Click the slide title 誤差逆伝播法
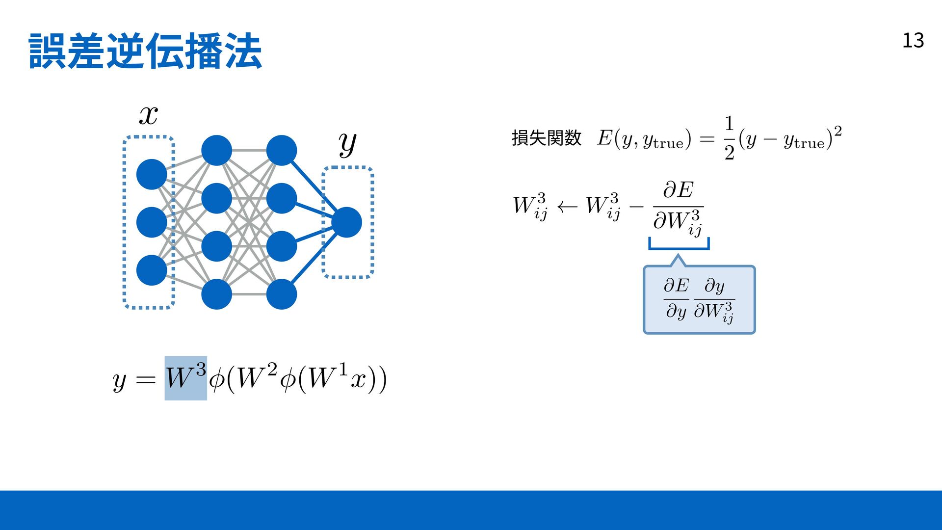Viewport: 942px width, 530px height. coord(145,51)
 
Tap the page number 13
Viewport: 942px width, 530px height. coord(913,41)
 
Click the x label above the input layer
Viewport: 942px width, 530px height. coord(148,116)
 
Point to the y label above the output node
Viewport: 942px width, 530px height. coord(347,143)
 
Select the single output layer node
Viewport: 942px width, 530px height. coord(346,222)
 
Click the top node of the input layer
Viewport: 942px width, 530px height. coord(152,174)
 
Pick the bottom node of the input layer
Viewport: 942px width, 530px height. coord(152,270)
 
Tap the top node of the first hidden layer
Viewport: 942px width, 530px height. coord(216,150)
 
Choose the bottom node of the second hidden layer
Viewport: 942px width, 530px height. coord(282,294)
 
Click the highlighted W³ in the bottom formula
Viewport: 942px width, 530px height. coord(185,378)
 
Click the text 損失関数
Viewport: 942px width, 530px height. coord(546,138)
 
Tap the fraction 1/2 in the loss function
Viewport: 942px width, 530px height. coord(729,138)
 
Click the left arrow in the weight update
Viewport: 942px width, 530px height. coord(567,207)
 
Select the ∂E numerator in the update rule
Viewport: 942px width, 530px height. coord(679,190)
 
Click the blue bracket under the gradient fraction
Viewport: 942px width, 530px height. coord(679,245)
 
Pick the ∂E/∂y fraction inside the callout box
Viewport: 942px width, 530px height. coord(676,298)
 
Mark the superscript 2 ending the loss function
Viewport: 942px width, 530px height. coord(837,131)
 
